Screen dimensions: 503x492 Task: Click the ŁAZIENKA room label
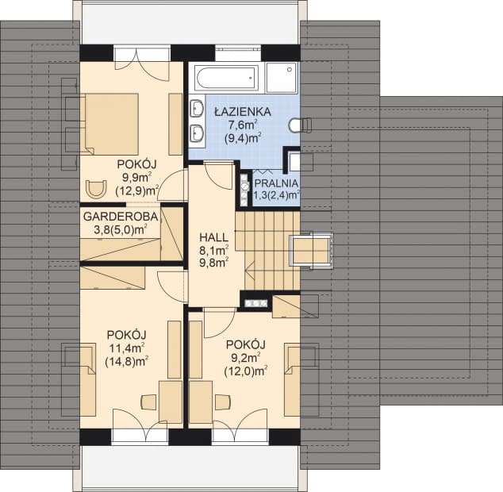(243, 112)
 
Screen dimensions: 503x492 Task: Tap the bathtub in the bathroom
(227, 77)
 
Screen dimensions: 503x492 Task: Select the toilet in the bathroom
(301, 125)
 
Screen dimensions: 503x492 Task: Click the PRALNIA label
(276, 183)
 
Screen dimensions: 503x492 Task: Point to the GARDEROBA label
(121, 217)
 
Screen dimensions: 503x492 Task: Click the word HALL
(213, 237)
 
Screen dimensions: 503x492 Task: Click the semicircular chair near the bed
(96, 189)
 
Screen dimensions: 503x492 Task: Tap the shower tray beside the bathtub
(282, 77)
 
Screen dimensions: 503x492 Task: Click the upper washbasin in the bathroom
(196, 107)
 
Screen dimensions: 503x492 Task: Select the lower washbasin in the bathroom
(196, 133)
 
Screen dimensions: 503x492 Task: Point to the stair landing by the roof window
(311, 250)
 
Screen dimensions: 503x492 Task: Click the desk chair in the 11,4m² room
(148, 402)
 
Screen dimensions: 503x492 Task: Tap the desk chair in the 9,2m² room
(223, 402)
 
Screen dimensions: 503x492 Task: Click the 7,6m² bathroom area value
(243, 125)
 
